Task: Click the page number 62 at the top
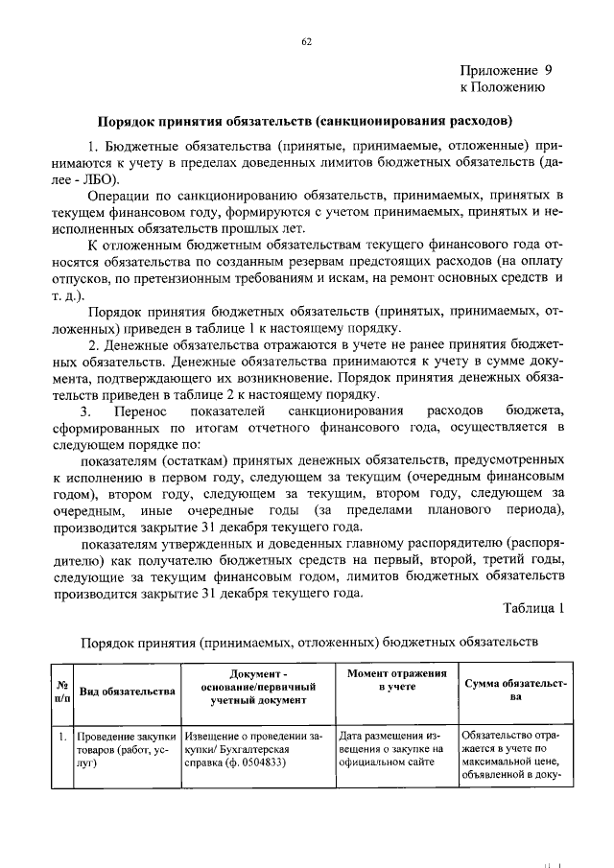point(307,41)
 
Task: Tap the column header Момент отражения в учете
point(397,683)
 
